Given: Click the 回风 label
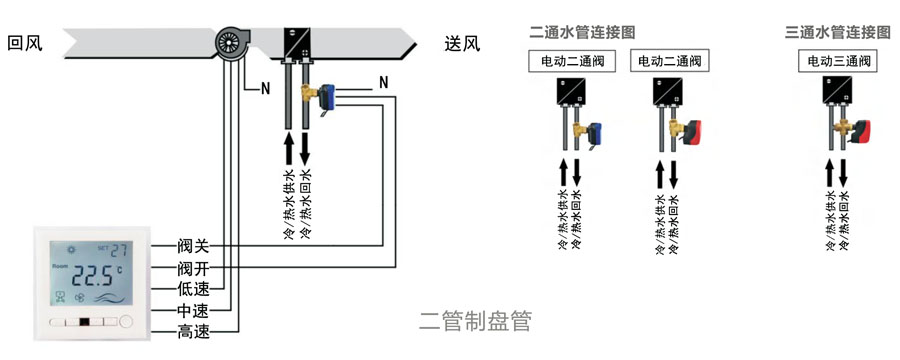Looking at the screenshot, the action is pyautogui.click(x=25, y=43).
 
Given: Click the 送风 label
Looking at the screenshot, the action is pyautogui.click(x=462, y=43).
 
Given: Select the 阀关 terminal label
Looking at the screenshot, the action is pyautogui.click(x=193, y=247).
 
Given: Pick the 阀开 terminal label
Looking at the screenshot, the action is pyautogui.click(x=193, y=268).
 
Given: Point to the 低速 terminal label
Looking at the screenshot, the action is pyautogui.click(x=193, y=289).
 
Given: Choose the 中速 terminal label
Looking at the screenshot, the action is pyautogui.click(x=193, y=311).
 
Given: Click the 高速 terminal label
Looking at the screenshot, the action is pyautogui.click(x=193, y=331).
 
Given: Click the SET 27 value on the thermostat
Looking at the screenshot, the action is pyautogui.click(x=112, y=250).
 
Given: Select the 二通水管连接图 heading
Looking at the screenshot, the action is pyautogui.click(x=582, y=33).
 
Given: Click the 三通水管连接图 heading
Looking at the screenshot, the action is pyautogui.click(x=838, y=33).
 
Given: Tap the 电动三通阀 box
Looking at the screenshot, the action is pyautogui.click(x=839, y=61).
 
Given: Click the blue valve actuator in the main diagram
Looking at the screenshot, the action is pyautogui.click(x=327, y=96).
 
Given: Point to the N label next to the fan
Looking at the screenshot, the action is pyautogui.click(x=265, y=88).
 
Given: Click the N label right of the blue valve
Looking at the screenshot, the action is pyautogui.click(x=383, y=83).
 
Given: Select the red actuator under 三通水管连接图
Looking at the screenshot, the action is pyautogui.click(x=861, y=131).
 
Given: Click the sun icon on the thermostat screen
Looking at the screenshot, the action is pyautogui.click(x=72, y=250).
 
